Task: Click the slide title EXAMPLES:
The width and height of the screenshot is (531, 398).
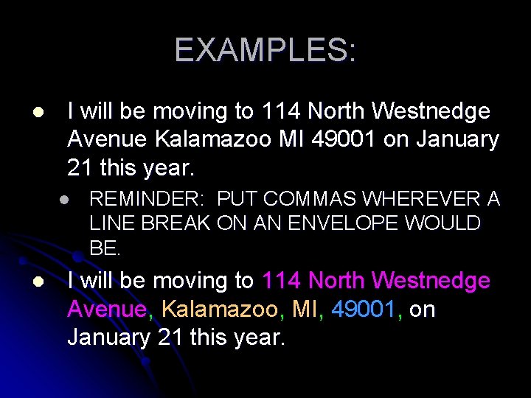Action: click(265, 50)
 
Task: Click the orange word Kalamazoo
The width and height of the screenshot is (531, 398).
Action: click(218, 310)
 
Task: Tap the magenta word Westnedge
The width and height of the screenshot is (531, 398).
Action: click(431, 281)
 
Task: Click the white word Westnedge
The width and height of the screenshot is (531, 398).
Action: click(431, 111)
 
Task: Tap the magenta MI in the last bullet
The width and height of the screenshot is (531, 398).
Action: click(305, 310)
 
